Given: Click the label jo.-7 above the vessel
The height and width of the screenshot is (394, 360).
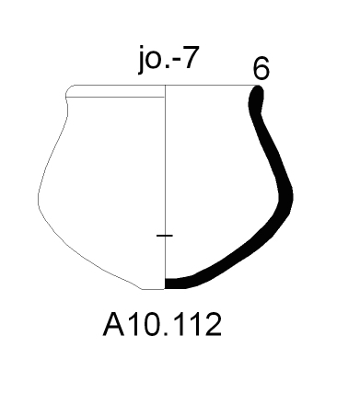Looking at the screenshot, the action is (x=167, y=59).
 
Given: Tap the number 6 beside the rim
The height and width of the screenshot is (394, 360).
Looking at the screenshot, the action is (x=261, y=68).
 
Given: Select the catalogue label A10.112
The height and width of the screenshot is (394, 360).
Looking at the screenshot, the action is (x=162, y=325).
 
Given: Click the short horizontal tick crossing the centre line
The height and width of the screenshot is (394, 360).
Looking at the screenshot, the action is (x=165, y=236).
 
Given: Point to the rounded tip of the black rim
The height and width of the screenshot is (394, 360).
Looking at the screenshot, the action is (x=258, y=88).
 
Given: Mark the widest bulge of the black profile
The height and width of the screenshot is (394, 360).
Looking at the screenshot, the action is (x=288, y=195).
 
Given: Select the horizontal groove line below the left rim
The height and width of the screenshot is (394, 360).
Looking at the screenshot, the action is (x=116, y=98).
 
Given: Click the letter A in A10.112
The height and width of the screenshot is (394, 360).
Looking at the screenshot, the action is (x=114, y=325).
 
